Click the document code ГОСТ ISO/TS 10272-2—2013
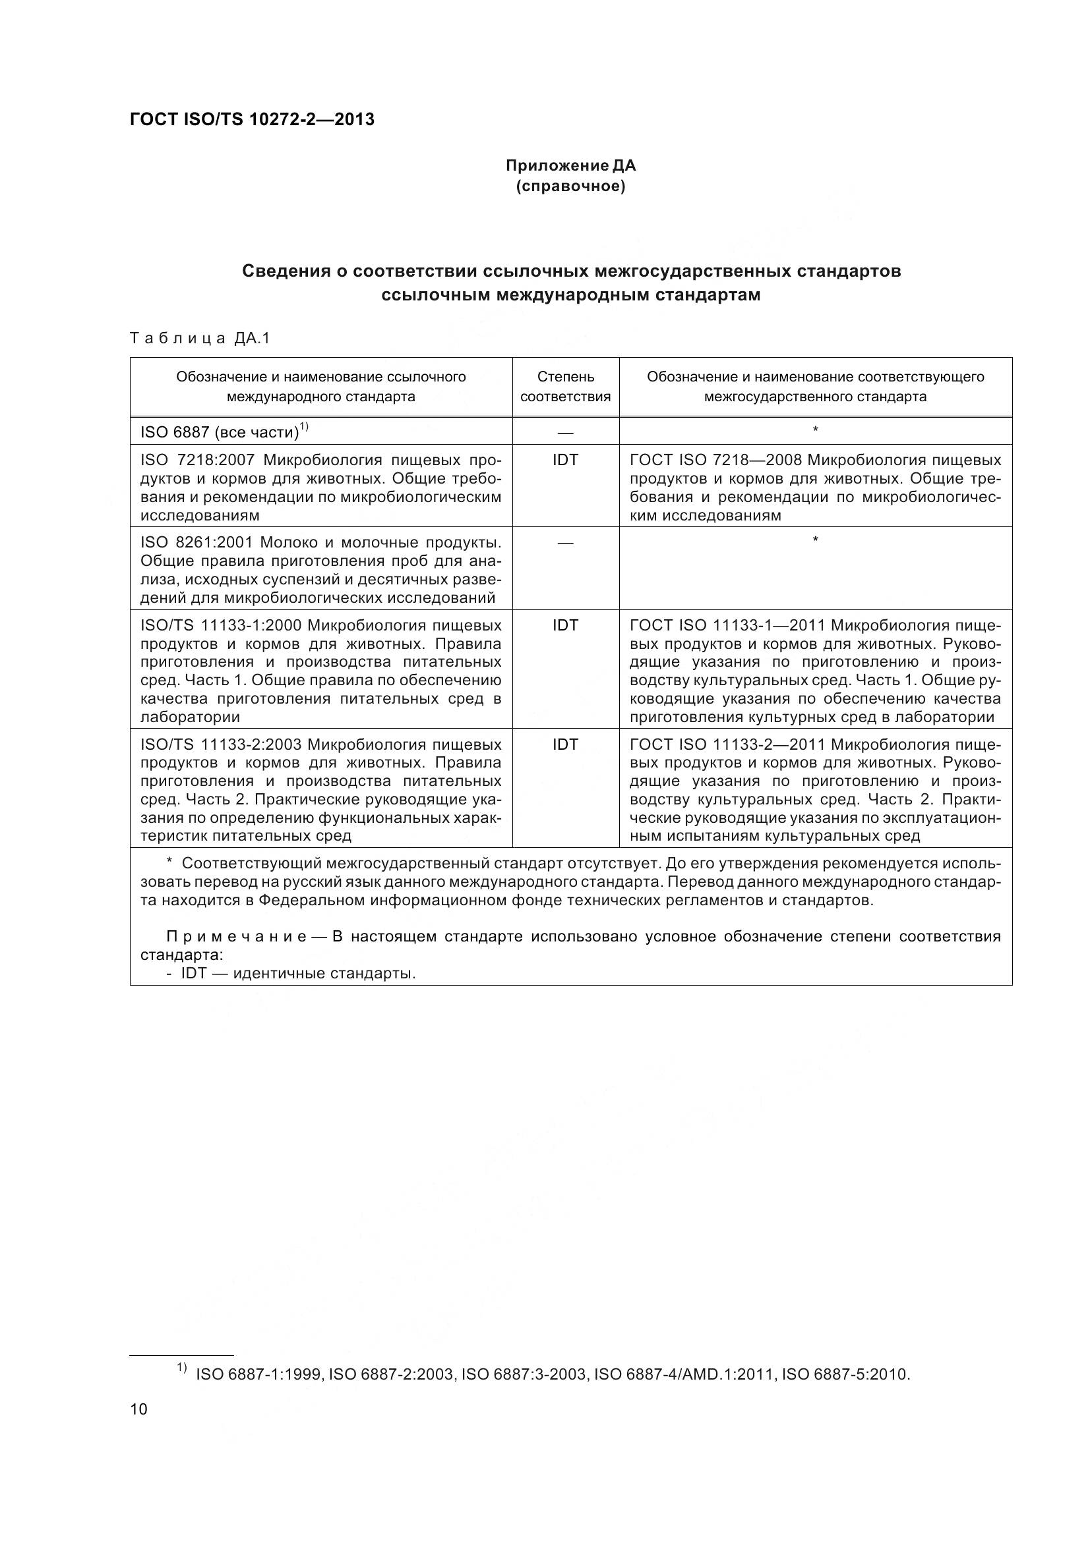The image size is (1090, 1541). tap(252, 119)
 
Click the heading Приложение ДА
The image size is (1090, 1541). tap(570, 165)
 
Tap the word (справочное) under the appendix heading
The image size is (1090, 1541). tap(570, 186)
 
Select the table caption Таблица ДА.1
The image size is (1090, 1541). tap(199, 338)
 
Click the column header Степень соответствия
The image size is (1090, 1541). tap(565, 387)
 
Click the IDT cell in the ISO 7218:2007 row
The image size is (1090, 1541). tap(565, 460)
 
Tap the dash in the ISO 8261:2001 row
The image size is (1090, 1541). tap(565, 542)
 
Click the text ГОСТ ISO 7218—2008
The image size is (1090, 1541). tap(715, 460)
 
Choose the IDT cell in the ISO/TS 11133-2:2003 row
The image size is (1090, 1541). tap(565, 744)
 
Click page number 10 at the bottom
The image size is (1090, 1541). tap(138, 1409)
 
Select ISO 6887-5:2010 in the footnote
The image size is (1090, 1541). tap(845, 1374)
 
